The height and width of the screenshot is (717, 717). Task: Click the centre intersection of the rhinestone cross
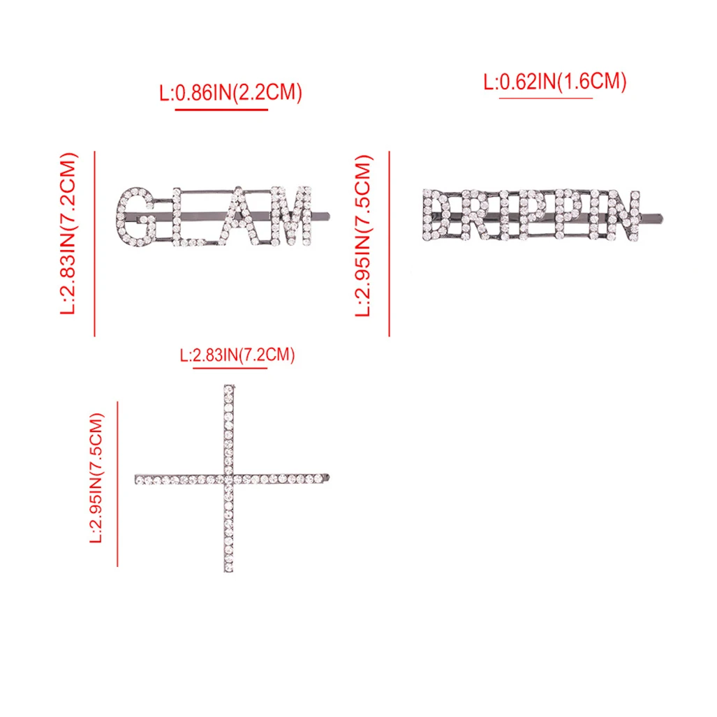(x=228, y=479)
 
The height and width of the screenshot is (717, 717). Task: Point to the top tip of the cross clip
(x=228, y=386)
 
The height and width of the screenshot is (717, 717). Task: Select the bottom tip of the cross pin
(x=228, y=570)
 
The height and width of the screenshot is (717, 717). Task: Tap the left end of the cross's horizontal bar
(x=137, y=479)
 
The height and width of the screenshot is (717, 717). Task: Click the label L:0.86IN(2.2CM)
(x=230, y=93)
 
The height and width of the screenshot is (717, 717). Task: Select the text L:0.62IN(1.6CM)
(x=554, y=82)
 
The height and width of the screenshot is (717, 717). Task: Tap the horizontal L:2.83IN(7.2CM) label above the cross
(x=237, y=355)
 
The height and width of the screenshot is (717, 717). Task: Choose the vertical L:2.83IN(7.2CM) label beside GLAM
(x=68, y=234)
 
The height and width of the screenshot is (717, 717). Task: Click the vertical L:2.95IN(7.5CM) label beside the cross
(x=96, y=478)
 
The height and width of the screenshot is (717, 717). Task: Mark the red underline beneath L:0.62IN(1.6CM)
(x=546, y=98)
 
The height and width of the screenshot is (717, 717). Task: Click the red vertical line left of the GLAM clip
(x=95, y=244)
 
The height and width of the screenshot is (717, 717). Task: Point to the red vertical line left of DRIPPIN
(x=389, y=244)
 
